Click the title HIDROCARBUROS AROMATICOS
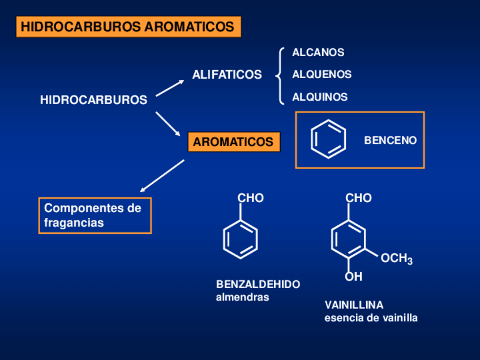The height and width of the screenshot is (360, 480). coord(128,27)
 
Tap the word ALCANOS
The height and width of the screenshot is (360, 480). coord(318,53)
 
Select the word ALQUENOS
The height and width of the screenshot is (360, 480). coord(322,75)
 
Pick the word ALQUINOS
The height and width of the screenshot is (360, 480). coord(320,97)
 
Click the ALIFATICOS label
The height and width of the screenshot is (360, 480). coord(227,75)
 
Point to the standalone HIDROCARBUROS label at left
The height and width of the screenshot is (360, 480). coord(93,100)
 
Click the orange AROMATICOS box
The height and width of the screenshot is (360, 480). coord(233,142)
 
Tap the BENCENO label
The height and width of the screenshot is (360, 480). coord(390,140)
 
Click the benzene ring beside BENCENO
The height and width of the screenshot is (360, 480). coord(328,140)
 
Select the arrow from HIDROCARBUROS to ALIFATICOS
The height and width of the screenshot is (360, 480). coord(170,88)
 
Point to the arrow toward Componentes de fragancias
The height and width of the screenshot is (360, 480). coord(162,175)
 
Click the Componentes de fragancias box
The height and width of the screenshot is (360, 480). coord(95,216)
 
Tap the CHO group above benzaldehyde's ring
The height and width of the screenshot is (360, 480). coord(250,198)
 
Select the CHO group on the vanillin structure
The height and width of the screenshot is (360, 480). coord(358,198)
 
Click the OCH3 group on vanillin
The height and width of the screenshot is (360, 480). coord(396,259)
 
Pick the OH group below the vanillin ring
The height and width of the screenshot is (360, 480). coord(354,277)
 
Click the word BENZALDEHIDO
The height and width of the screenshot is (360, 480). coord(258,284)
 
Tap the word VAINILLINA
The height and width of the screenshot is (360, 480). coord(354,305)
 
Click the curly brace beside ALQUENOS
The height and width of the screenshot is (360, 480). coord(280,75)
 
